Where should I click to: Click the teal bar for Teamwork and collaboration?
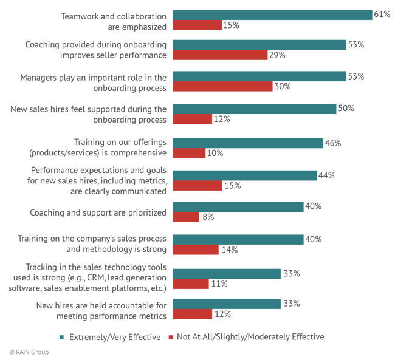(x=272, y=15)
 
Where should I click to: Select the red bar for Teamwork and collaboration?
(x=197, y=25)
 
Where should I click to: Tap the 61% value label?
(x=382, y=15)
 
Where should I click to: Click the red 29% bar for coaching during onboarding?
(x=221, y=55)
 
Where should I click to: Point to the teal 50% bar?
(x=255, y=109)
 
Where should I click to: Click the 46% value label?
(x=333, y=143)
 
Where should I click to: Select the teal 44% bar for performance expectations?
(x=245, y=175)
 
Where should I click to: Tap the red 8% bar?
(x=186, y=217)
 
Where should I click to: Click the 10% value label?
(x=215, y=154)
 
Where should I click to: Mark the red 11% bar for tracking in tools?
(x=191, y=283)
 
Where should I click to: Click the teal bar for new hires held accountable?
(x=227, y=304)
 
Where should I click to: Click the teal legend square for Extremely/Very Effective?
(x=64, y=336)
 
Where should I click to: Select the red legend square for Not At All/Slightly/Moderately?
(x=172, y=336)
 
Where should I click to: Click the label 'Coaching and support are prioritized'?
(x=98, y=213)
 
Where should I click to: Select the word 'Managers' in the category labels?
(x=41, y=78)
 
